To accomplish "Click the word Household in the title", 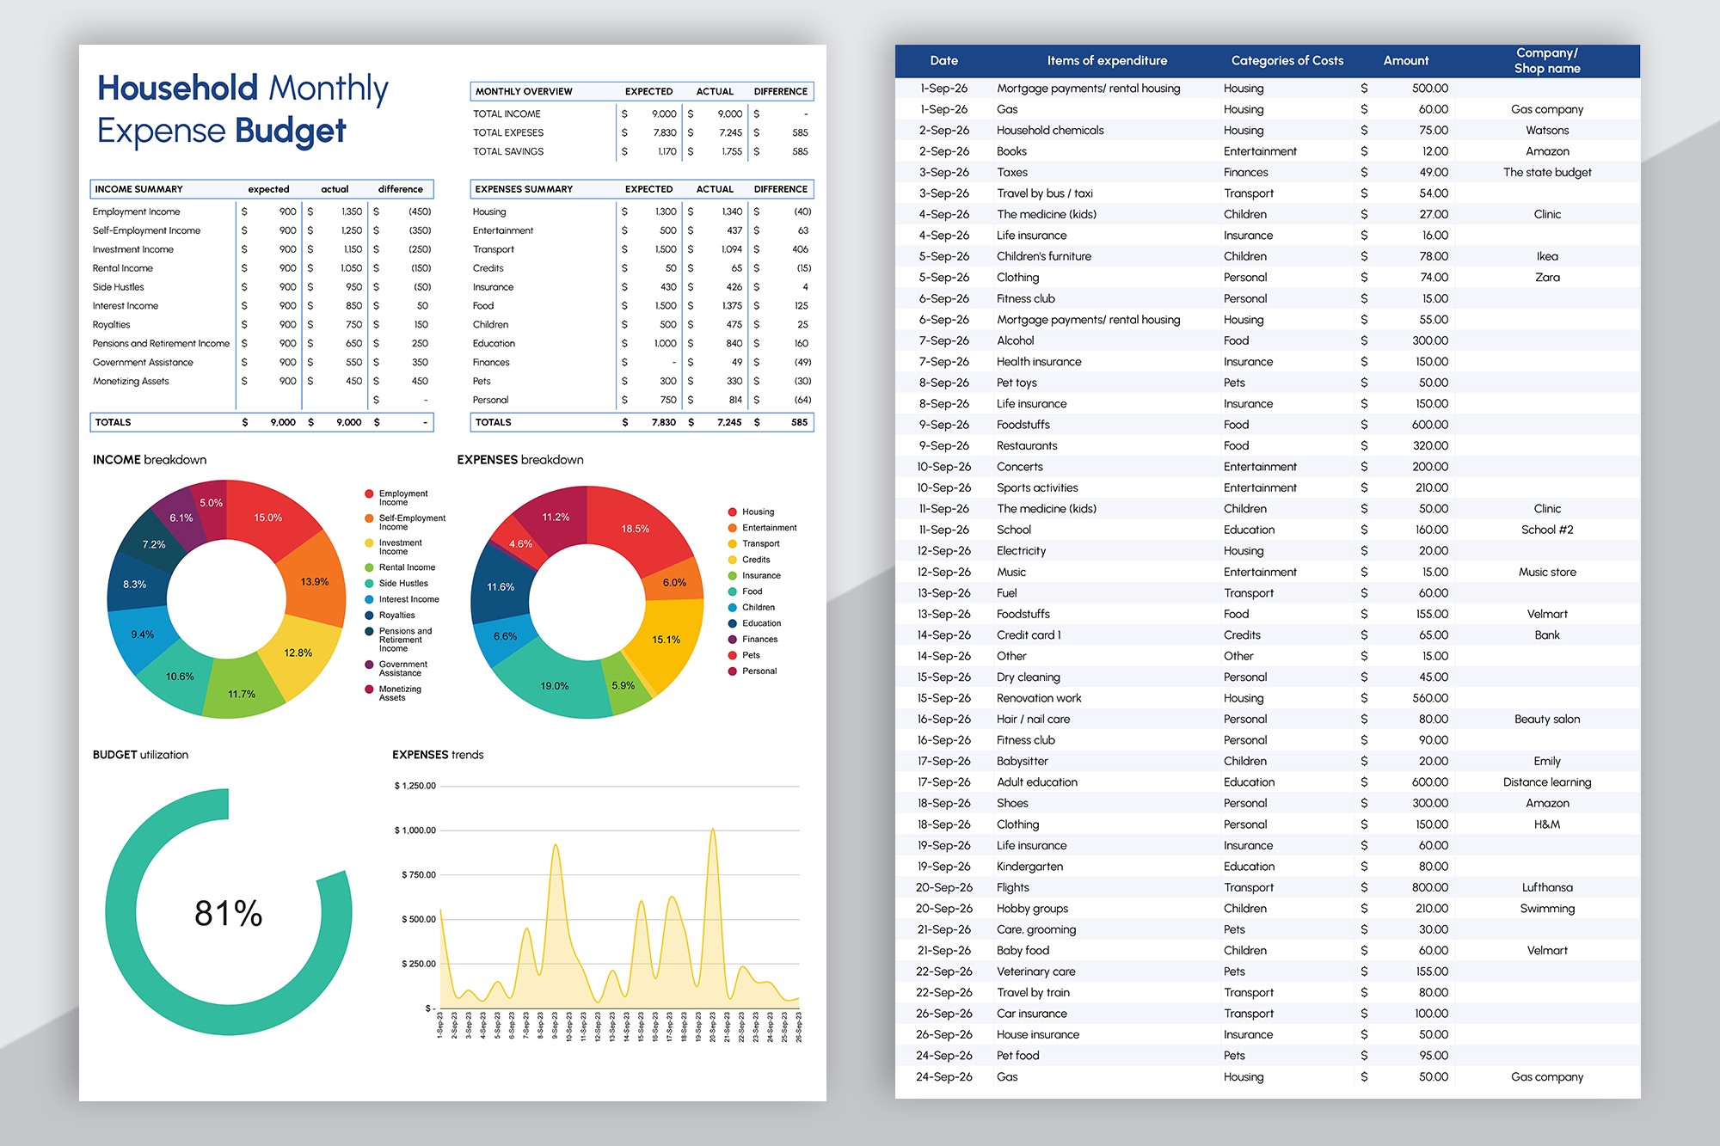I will pyautogui.click(x=177, y=88).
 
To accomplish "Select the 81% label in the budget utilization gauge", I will pyautogui.click(x=228, y=913).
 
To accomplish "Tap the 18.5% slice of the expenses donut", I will pyautogui.click(x=635, y=529).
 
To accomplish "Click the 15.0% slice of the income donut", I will pyautogui.click(x=267, y=518).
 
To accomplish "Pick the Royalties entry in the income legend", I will pyautogui.click(x=396, y=615).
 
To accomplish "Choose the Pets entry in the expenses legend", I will pyautogui.click(x=751, y=655).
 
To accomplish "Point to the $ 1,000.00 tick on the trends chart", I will pyautogui.click(x=415, y=830).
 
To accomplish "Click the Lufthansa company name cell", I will pyautogui.click(x=1546, y=887).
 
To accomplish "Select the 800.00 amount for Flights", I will pyautogui.click(x=1429, y=887).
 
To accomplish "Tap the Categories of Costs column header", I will pyautogui.click(x=1287, y=61).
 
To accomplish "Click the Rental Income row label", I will pyautogui.click(x=123, y=268).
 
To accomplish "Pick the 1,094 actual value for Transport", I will pyautogui.click(x=731, y=249).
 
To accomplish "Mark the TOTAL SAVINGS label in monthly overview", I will pyautogui.click(x=508, y=151).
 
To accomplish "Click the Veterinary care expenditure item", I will pyautogui.click(x=1035, y=971).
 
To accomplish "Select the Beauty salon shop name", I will pyautogui.click(x=1546, y=719).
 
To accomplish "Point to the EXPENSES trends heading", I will pyautogui.click(x=438, y=755).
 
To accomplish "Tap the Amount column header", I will pyautogui.click(x=1405, y=61).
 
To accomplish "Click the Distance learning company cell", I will pyautogui.click(x=1546, y=782).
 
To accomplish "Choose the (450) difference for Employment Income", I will pyautogui.click(x=420, y=211).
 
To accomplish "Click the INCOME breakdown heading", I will pyautogui.click(x=150, y=460).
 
